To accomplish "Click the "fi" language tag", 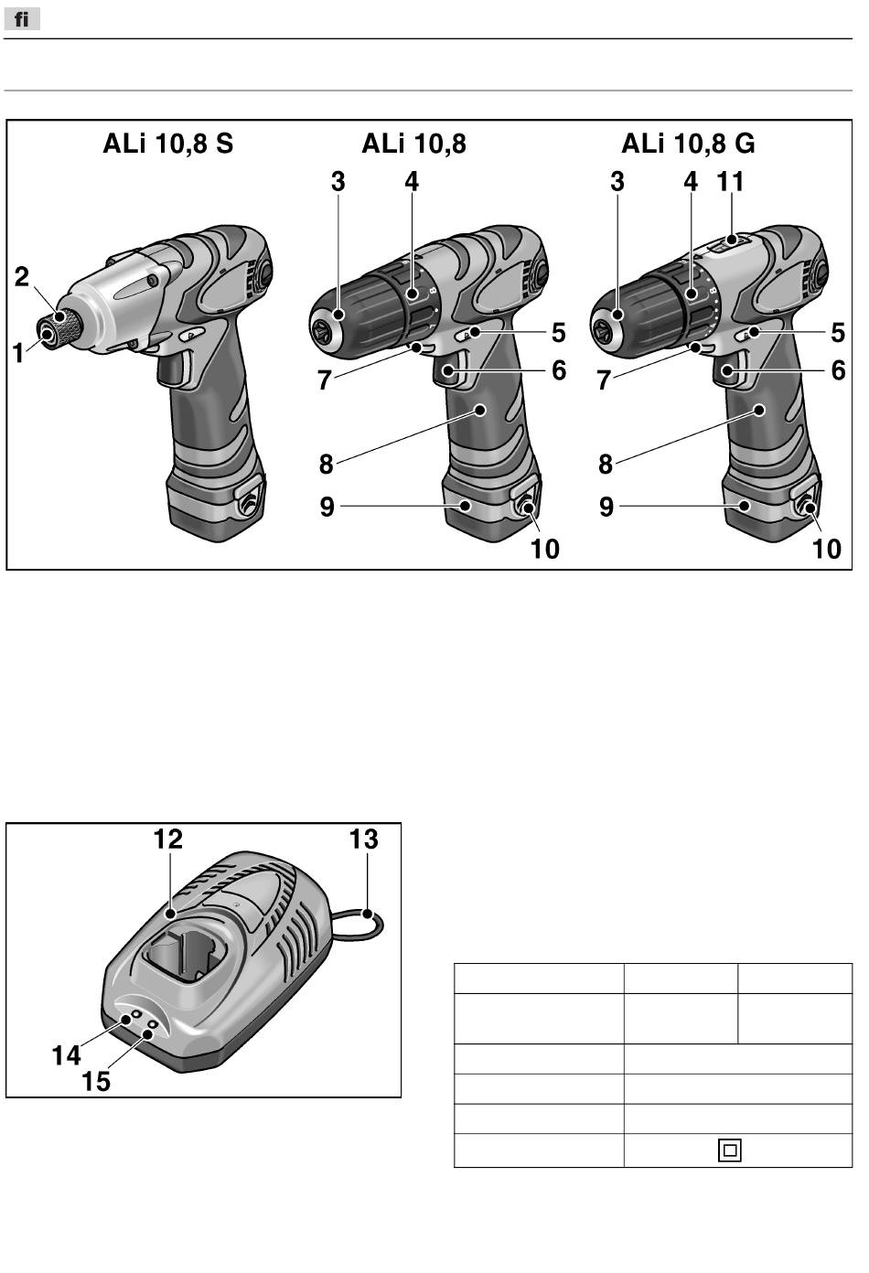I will tap(21, 19).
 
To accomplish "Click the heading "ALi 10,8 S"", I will tap(167, 144).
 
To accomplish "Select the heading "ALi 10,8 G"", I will tap(688, 144).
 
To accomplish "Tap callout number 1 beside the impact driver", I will tap(18, 352).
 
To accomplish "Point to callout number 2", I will tap(22, 277).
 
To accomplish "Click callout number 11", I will tap(731, 182).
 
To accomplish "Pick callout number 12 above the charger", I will tap(168, 839).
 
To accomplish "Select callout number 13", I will tap(364, 839).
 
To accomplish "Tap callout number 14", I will tap(66, 1055).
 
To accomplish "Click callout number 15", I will tap(96, 1081).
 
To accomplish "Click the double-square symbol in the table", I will tap(729, 1150).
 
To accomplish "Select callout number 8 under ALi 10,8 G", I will tap(605, 464).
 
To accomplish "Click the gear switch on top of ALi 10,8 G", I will tap(729, 243).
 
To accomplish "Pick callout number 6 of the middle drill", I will tap(558, 370).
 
